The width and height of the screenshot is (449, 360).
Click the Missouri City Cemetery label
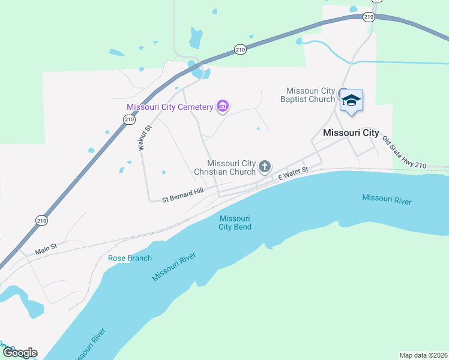click(x=170, y=107)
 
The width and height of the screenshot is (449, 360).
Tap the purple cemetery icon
click(x=223, y=107)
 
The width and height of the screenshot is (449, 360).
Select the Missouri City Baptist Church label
click(x=310, y=95)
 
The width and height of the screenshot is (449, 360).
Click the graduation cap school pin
click(x=351, y=100)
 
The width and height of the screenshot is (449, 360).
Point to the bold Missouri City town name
click(x=351, y=133)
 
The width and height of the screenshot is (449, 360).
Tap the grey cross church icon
click(x=265, y=167)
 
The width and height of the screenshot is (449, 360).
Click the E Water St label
click(x=293, y=173)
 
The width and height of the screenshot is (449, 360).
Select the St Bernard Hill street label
click(x=183, y=194)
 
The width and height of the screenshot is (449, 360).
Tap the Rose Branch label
click(x=130, y=258)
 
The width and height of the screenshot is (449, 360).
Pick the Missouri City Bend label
click(x=235, y=223)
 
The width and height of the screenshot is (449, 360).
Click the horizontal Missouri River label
click(x=387, y=199)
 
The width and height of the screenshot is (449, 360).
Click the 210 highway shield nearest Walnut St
click(x=129, y=120)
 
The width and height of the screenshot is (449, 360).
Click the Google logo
click(x=20, y=353)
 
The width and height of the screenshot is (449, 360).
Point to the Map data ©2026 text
click(x=423, y=355)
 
